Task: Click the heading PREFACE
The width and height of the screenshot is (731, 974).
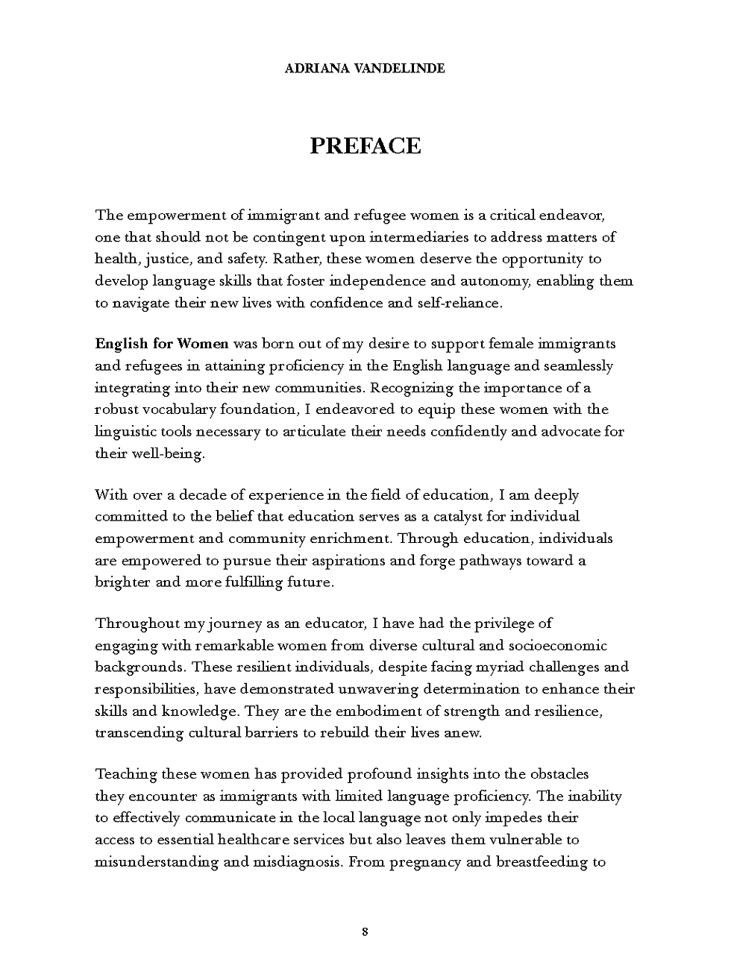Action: [365, 145]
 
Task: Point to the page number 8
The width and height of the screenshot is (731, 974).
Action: [365, 931]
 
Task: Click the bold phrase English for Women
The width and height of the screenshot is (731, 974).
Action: [161, 344]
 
